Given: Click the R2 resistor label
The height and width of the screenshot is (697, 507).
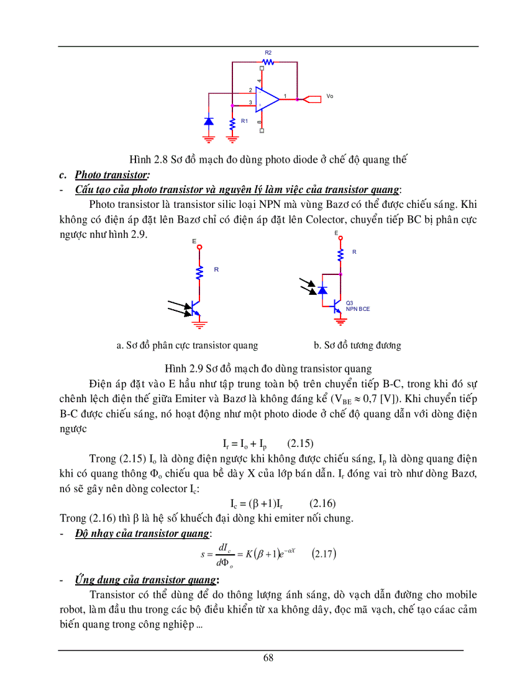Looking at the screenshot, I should (x=268, y=53).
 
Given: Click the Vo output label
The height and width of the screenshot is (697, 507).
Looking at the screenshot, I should (x=329, y=96).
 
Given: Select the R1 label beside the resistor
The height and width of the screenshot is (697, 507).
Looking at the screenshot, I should (x=244, y=121).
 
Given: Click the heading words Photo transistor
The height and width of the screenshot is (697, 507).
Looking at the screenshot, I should (x=111, y=175).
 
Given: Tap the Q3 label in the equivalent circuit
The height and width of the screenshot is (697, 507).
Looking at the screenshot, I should (x=349, y=302).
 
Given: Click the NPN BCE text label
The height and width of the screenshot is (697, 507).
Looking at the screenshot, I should (x=358, y=308).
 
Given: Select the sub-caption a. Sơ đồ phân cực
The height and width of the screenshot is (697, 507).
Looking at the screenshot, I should (x=187, y=345).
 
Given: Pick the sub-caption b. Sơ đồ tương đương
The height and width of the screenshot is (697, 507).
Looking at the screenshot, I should (x=357, y=345).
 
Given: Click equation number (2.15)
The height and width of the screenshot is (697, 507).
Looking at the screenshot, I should (x=300, y=443).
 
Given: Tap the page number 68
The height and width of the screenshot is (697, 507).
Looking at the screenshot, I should (x=268, y=658).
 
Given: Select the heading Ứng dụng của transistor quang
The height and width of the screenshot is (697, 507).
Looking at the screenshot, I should (x=145, y=580).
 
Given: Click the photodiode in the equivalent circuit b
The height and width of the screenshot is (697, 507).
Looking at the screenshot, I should (x=322, y=290).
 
